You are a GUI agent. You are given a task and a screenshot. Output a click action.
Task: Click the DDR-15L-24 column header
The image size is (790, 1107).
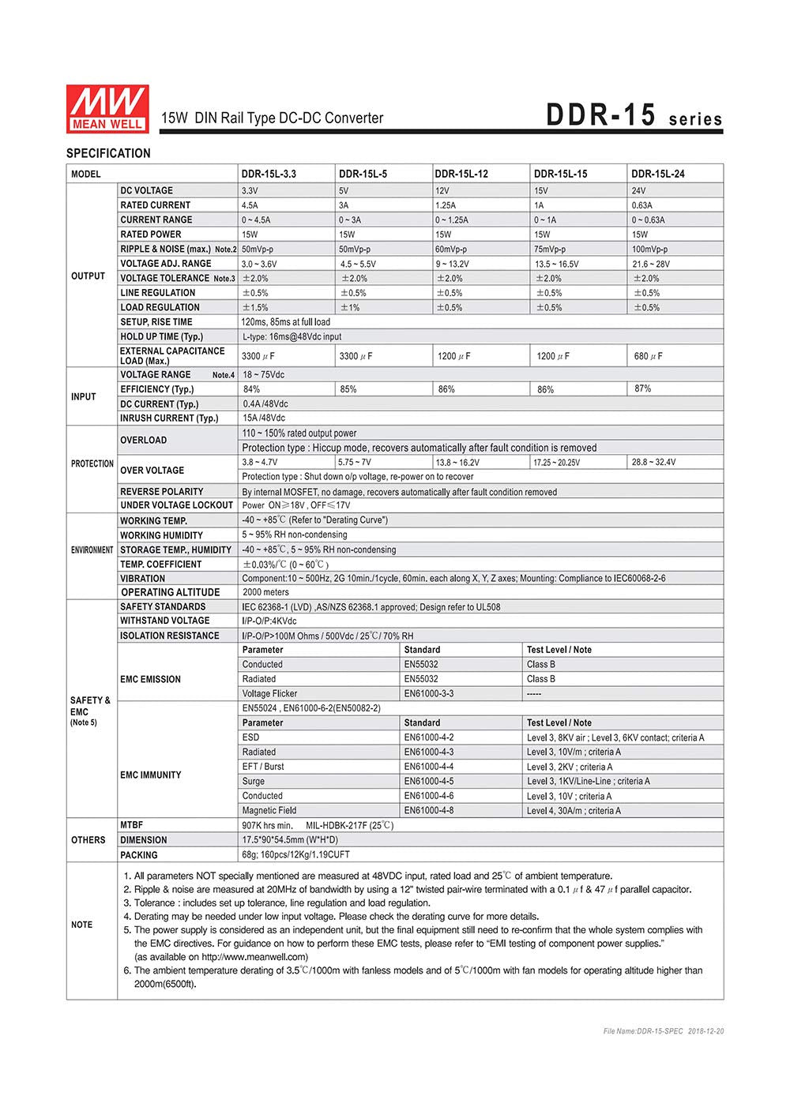[x=658, y=174]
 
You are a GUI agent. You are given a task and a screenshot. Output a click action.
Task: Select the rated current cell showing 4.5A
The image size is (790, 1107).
[x=250, y=205]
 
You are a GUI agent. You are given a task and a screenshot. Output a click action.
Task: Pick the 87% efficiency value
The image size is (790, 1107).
[x=642, y=388]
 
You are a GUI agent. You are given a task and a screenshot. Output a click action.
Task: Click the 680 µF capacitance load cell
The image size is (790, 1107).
[x=648, y=356]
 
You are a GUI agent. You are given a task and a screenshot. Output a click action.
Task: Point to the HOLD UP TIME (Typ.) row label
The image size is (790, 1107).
[x=161, y=337]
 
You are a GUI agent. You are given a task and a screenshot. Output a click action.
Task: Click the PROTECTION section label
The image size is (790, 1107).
[x=92, y=463]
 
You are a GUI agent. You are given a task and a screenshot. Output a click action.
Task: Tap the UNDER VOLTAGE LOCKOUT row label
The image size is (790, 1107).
[x=176, y=505]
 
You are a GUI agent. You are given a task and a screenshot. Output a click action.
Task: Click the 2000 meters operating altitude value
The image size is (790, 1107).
[x=265, y=592]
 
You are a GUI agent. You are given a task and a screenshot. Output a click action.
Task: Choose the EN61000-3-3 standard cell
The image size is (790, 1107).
[x=428, y=694]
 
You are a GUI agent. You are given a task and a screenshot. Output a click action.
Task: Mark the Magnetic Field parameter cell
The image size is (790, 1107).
[x=269, y=811]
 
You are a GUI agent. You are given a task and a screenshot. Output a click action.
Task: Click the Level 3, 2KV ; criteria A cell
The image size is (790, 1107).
[x=569, y=767]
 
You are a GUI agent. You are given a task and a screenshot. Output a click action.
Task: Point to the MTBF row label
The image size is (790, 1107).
[x=131, y=825]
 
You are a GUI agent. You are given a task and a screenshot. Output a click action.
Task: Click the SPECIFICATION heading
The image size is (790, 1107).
[x=108, y=153]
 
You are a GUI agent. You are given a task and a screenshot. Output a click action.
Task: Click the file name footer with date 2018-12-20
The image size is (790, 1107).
[x=663, y=1031]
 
